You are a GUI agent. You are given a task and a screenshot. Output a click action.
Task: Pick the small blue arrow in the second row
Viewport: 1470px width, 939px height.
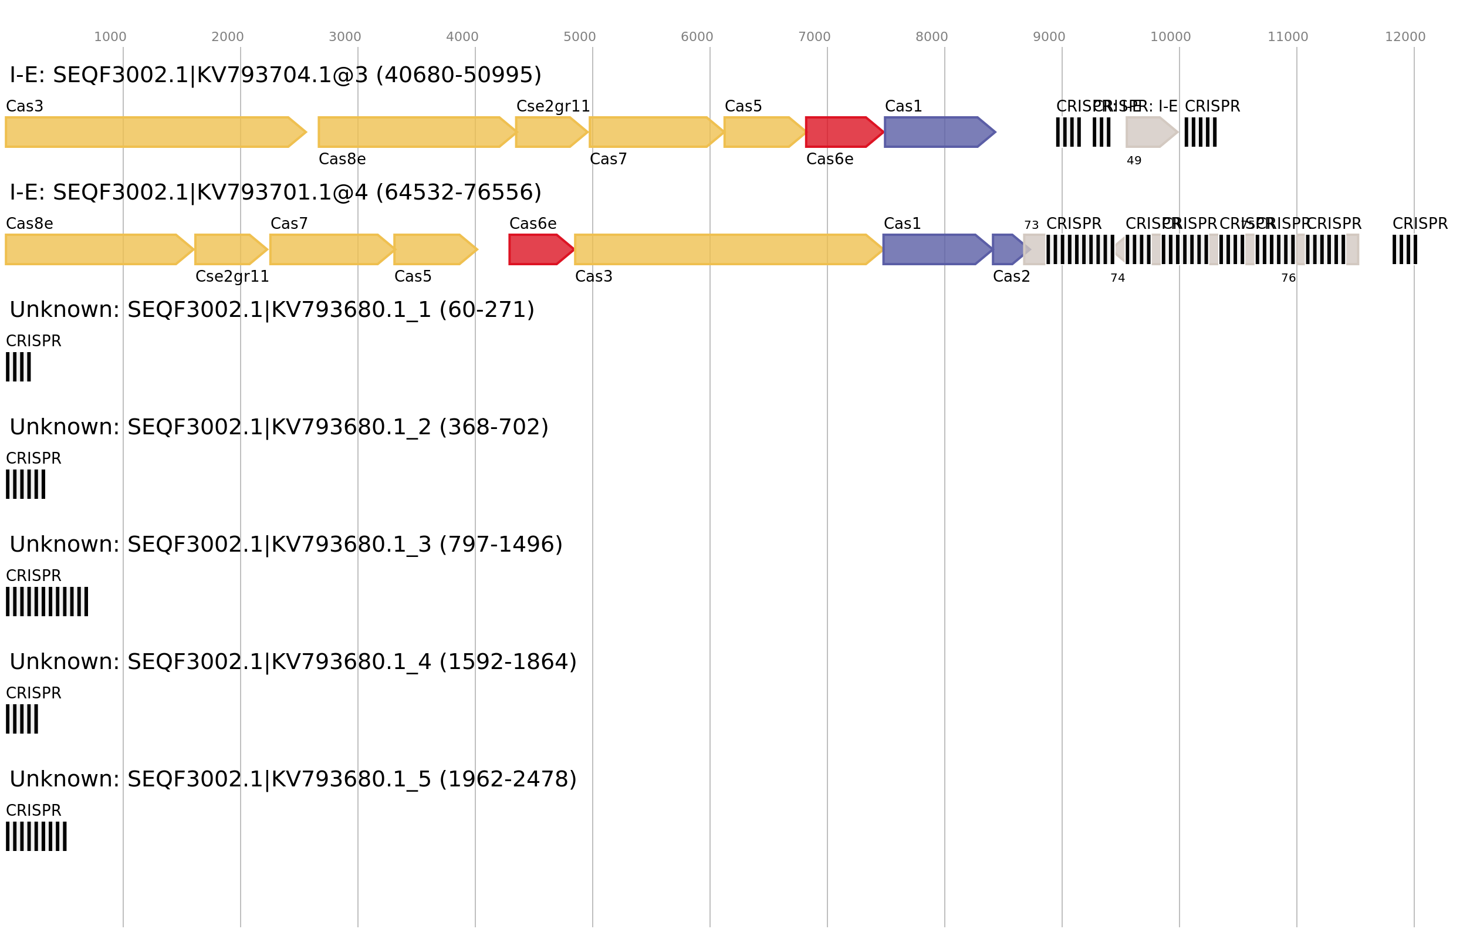pyautogui.click(x=1006, y=249)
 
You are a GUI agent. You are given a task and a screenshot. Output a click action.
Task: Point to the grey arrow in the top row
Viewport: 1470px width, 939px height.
pyautogui.click(x=1149, y=132)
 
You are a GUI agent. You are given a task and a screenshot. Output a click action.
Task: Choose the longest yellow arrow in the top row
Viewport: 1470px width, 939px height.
pyautogui.click(x=153, y=132)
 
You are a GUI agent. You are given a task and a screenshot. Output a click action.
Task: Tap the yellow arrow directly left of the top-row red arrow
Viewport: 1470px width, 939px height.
pyautogui.click(x=762, y=132)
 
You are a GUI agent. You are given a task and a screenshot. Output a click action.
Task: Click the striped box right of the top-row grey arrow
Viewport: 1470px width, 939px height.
pyautogui.click(x=1200, y=132)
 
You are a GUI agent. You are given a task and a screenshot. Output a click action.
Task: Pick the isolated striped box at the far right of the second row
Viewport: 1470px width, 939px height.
pyautogui.click(x=1405, y=249)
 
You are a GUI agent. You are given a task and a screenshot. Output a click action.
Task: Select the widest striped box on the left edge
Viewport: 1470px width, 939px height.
pyautogui.click(x=47, y=602)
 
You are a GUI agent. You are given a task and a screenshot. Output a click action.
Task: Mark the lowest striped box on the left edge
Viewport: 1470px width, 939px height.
pyautogui.click(x=36, y=836)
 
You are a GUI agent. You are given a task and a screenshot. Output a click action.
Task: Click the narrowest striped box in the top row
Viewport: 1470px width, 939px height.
pyautogui.click(x=1102, y=132)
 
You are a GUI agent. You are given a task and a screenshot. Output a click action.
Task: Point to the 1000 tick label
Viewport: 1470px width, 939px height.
pyautogui.click(x=110, y=37)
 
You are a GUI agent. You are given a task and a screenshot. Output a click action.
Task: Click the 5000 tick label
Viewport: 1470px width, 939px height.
pyautogui.click(x=579, y=37)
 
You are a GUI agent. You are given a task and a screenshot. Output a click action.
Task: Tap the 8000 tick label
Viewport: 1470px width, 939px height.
pyautogui.click(x=931, y=37)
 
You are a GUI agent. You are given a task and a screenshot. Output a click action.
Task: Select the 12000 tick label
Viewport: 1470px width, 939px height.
pyautogui.click(x=1405, y=37)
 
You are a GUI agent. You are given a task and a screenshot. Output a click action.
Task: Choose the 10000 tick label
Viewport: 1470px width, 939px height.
pyautogui.click(x=1170, y=37)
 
